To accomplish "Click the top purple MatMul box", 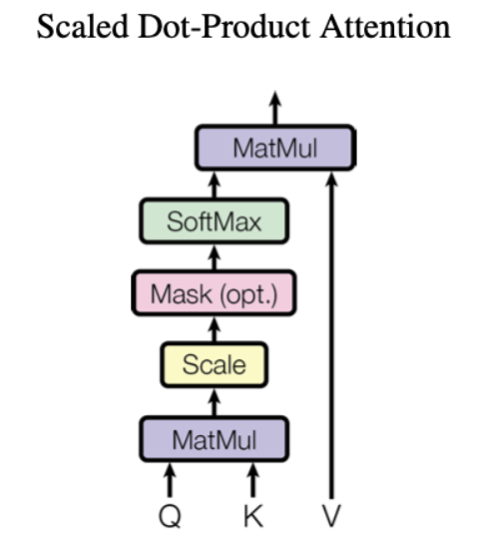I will pos(274,150).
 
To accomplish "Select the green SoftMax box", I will pos(214,221).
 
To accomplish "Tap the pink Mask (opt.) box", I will pos(214,293).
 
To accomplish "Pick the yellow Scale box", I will pos(214,365).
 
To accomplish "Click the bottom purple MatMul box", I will pos(214,438).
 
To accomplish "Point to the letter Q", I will pos(170,518).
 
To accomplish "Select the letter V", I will pos(332,518).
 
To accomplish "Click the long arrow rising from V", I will pos(332,329).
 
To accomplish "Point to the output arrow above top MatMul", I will pos(275,108).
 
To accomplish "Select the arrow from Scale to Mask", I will pos(214,329).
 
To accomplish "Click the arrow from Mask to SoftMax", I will pos(214,257).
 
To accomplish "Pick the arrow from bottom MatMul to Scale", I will pos(214,401).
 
